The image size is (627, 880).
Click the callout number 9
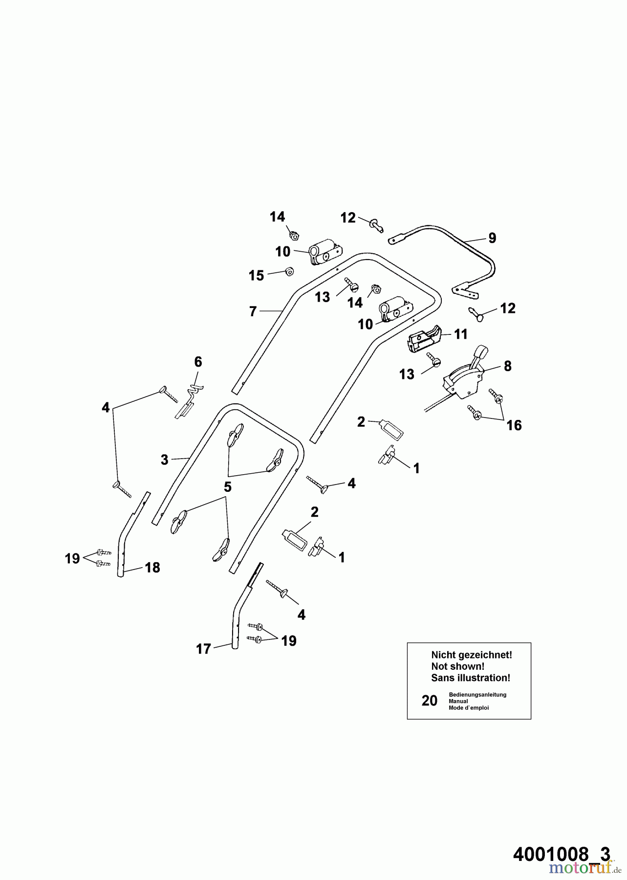pos(492,238)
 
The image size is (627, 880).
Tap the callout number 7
pos(253,311)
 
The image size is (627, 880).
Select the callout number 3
pos(164,460)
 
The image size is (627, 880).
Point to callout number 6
pos(198,362)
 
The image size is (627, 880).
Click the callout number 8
pos(508,366)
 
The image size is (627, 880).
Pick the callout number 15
pos(256,275)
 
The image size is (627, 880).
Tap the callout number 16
pos(514,425)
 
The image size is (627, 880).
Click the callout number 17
pos(203,649)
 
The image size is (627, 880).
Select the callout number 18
pos(152,568)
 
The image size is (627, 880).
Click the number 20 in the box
pos(430,701)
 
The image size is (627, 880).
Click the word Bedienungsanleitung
pos(477,694)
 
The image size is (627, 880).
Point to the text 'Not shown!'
pos(457,666)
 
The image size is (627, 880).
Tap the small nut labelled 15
pos(288,272)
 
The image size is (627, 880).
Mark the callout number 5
pos(228,487)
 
